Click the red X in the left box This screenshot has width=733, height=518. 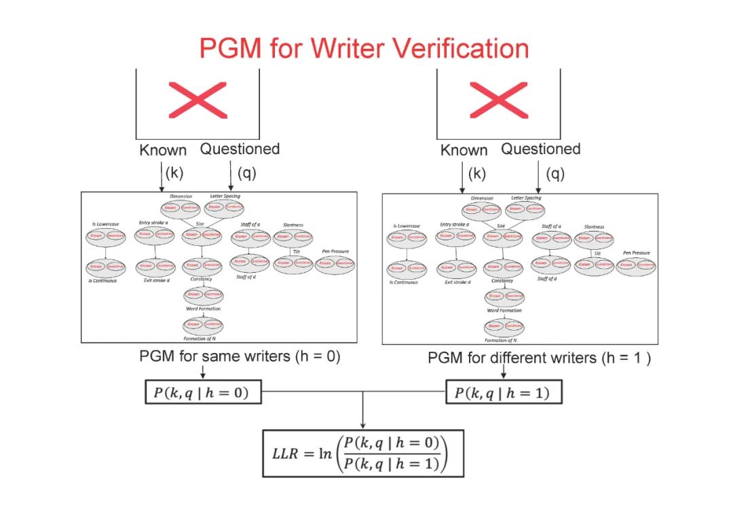[198, 100]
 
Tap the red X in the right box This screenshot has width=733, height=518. [498, 100]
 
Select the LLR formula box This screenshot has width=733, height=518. [363, 453]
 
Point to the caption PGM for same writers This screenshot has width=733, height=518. [239, 356]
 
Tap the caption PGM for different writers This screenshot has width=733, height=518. [539, 358]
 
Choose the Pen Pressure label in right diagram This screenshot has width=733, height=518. [636, 253]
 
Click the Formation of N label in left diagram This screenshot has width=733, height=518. [203, 338]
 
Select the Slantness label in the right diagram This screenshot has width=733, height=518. [594, 227]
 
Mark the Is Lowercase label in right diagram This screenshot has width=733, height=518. [407, 226]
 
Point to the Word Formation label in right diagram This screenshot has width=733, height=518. [504, 310]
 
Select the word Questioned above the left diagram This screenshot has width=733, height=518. [240, 149]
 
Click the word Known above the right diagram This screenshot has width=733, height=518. [464, 150]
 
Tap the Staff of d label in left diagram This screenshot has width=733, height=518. [249, 277]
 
